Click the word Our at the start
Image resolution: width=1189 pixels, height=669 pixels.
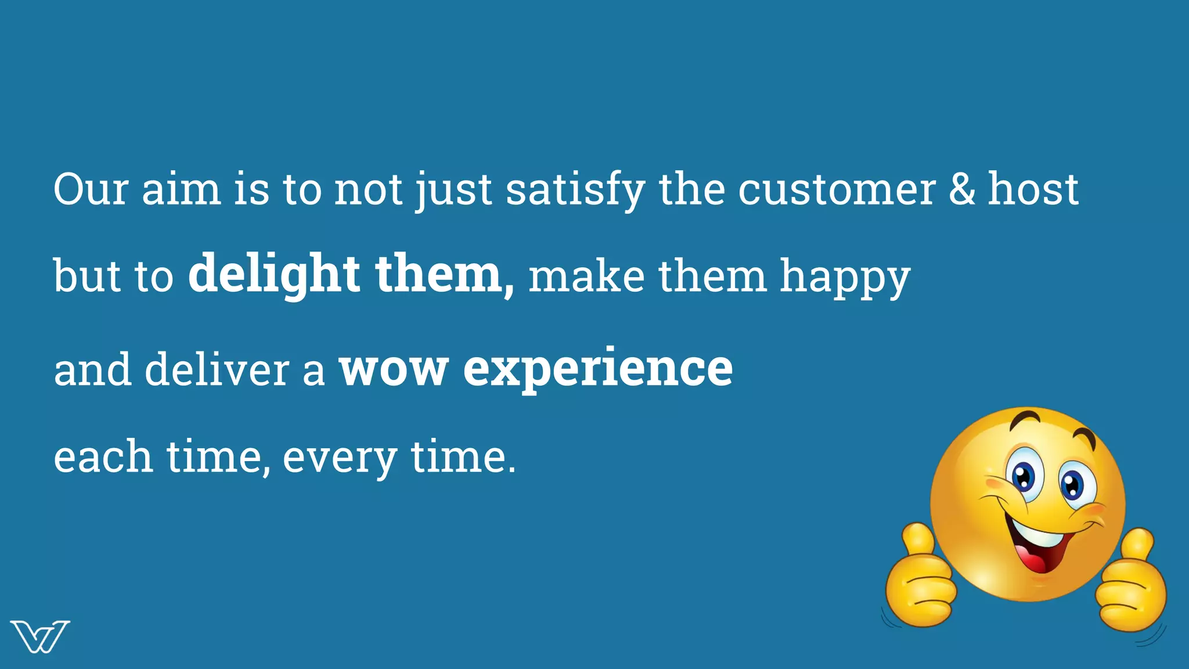coord(91,189)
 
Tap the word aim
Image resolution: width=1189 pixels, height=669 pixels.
coord(181,189)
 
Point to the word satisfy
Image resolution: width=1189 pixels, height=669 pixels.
coord(575,190)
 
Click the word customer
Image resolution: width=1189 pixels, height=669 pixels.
coord(837,190)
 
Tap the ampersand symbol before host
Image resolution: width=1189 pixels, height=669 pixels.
coord(962,189)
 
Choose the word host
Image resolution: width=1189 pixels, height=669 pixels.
coord(1033,189)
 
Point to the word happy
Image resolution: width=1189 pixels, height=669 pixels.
coord(845,278)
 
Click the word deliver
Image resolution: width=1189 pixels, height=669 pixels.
coord(217,369)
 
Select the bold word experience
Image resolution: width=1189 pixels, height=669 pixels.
coord(598,369)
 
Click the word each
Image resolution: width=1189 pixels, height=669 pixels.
coord(103,456)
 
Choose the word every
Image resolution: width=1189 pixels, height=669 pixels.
coord(340,458)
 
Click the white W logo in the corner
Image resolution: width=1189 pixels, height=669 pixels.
coord(39,636)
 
